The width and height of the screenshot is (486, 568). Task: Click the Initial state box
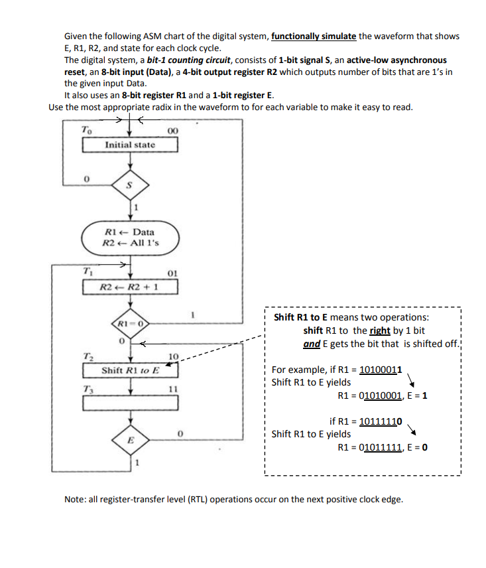130,145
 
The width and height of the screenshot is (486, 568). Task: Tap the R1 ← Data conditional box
130,238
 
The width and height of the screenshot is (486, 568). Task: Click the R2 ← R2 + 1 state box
130,287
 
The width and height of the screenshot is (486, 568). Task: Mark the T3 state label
87,388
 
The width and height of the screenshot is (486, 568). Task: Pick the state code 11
172,389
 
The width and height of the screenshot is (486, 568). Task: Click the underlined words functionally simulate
314,36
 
